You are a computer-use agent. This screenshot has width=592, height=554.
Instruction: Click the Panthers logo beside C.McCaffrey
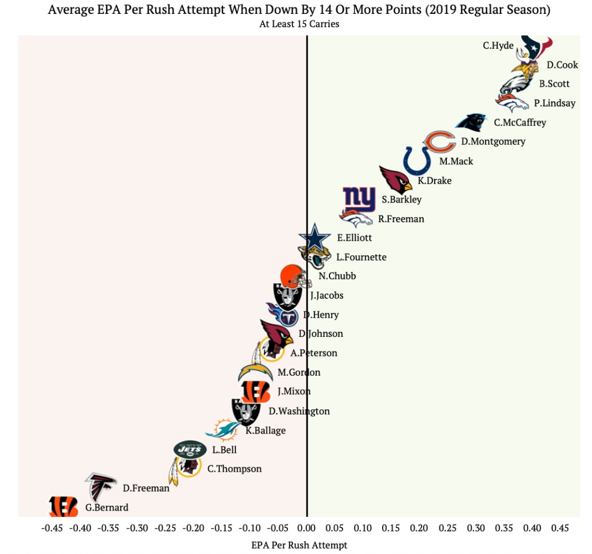tap(473, 122)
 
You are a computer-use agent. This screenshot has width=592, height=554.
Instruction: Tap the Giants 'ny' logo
tap(359, 200)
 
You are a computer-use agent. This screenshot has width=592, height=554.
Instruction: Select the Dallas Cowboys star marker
tap(314, 238)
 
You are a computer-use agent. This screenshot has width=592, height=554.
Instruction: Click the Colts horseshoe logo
tap(416, 160)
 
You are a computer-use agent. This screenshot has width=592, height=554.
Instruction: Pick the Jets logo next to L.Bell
tap(190, 449)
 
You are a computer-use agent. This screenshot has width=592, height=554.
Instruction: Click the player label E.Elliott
tap(354, 237)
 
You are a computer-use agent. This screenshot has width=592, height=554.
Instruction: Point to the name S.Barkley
tap(401, 200)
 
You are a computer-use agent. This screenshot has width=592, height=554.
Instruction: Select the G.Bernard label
tap(107, 508)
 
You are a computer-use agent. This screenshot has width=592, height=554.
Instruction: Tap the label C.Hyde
tap(498, 45)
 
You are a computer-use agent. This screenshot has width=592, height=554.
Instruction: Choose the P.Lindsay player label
tap(554, 103)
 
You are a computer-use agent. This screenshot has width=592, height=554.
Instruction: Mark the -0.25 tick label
tap(165, 528)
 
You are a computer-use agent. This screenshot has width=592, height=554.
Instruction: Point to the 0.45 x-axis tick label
tap(560, 528)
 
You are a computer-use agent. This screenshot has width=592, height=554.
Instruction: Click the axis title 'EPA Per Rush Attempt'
tap(299, 545)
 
